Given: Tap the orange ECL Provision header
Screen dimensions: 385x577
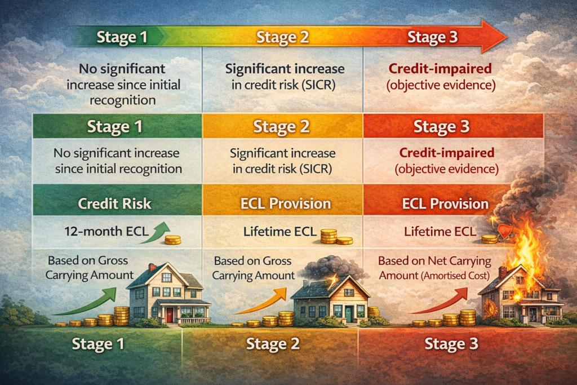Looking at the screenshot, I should tap(283, 203).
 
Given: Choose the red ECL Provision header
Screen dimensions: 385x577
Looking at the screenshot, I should tap(445, 203).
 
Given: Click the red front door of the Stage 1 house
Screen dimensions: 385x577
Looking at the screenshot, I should tap(170, 314).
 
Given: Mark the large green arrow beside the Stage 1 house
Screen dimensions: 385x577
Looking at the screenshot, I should tap(90, 302).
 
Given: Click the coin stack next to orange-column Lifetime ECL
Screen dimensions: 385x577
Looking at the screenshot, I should tap(329, 236).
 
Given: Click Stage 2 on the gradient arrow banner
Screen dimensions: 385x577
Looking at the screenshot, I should tap(283, 38).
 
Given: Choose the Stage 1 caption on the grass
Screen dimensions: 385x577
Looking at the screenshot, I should tap(99, 343).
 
